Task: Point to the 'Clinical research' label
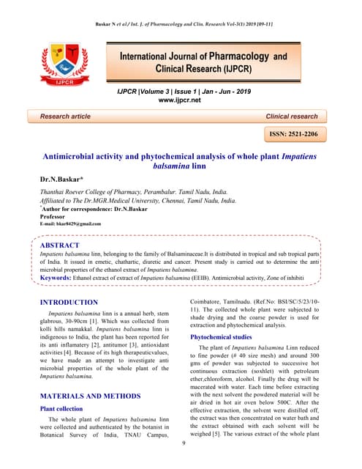pyautogui.click(x=291, y=117)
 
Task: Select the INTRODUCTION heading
pyautogui.click(x=68, y=302)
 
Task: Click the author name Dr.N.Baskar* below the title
pyautogui.click(x=67, y=179)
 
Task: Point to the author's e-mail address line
pyautogui.click(x=70, y=224)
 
